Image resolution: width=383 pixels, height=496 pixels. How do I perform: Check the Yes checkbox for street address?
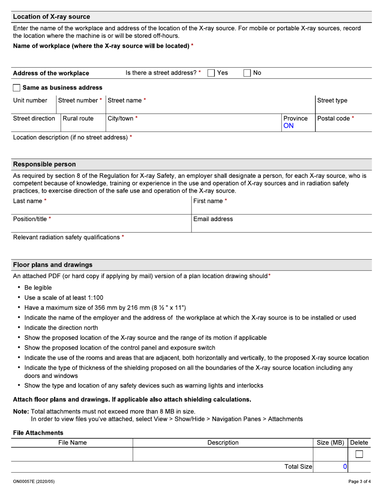click(211, 73)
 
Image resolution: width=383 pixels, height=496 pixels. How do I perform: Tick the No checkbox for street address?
click(247, 73)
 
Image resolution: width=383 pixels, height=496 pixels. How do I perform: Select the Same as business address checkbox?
click(17, 88)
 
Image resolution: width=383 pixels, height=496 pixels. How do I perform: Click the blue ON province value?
click(288, 126)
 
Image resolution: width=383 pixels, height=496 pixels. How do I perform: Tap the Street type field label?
click(332, 100)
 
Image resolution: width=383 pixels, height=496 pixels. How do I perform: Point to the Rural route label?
click(78, 119)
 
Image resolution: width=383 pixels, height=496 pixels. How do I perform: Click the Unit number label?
click(30, 100)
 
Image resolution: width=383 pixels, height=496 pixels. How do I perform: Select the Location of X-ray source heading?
click(51, 17)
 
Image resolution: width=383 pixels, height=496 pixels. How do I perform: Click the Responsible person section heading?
click(44, 165)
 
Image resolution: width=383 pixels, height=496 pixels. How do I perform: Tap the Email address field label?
click(213, 219)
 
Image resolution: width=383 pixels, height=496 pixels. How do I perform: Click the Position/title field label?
click(30, 219)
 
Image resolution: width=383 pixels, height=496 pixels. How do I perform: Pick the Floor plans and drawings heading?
click(52, 265)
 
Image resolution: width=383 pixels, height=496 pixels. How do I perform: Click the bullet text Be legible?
click(38, 288)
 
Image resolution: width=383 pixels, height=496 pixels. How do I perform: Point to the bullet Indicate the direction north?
click(61, 328)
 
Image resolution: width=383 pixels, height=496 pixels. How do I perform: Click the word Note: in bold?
click(21, 412)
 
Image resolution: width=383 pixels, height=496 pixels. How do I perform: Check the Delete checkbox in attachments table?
click(359, 454)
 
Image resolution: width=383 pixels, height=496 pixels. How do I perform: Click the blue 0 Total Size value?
click(345, 467)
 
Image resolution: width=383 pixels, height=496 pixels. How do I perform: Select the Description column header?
click(223, 443)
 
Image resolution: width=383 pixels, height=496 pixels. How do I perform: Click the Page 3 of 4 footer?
click(359, 481)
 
